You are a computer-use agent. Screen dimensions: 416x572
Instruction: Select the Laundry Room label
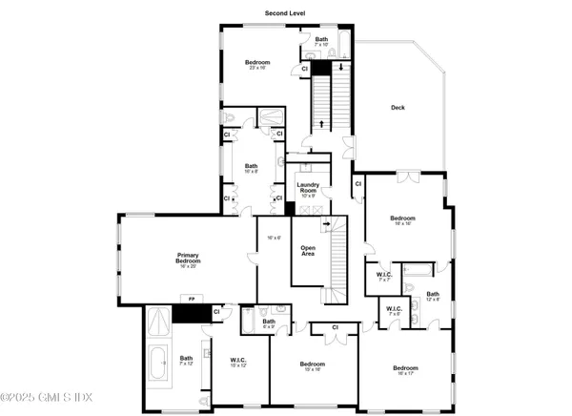(307, 188)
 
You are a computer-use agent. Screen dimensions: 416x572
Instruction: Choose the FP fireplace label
(191, 302)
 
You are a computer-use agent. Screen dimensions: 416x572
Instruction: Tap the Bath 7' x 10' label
(321, 42)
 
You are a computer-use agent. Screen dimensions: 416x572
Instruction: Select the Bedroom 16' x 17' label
(404, 369)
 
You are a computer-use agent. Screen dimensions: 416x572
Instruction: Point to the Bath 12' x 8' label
(432, 296)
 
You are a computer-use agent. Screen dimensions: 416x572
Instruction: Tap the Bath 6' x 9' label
(269, 323)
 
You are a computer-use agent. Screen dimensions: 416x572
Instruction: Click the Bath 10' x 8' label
(251, 167)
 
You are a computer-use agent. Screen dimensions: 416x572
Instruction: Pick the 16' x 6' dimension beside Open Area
(274, 238)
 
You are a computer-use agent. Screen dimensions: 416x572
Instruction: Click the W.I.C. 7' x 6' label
(394, 312)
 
